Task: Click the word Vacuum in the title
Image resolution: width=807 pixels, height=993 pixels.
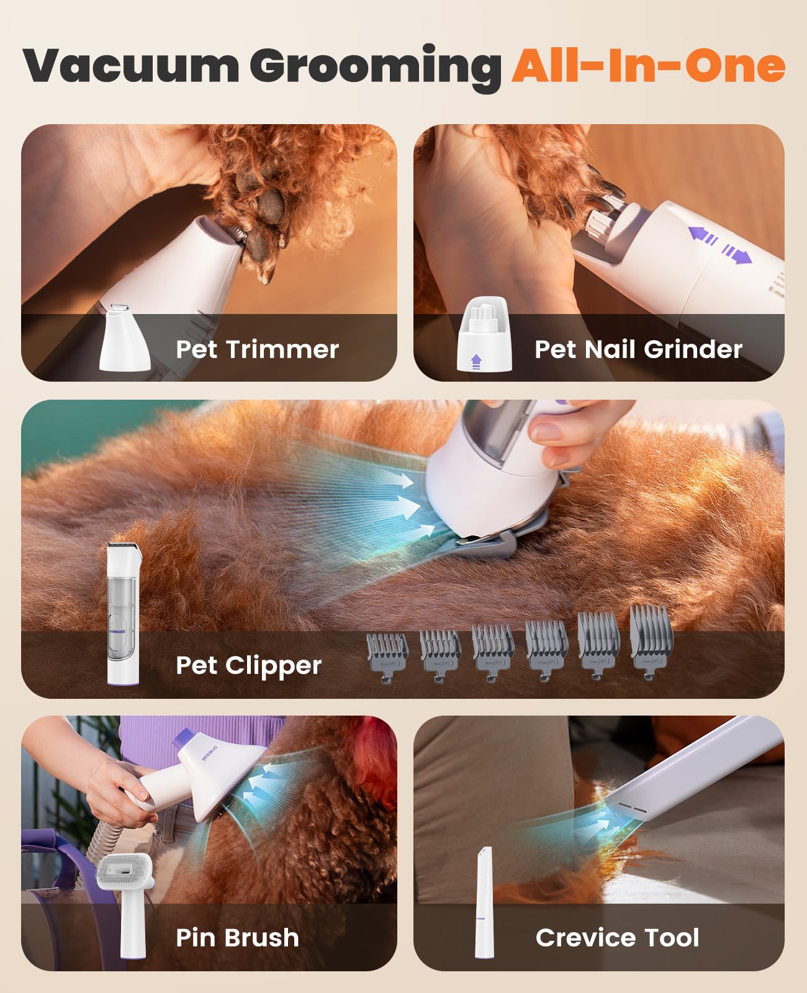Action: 131,65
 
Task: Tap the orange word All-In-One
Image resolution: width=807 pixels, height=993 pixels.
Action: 648,65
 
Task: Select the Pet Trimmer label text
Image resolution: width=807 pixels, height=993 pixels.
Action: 257,349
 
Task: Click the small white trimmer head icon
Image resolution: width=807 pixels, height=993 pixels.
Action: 125,338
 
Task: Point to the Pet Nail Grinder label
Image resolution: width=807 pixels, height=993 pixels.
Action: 638,349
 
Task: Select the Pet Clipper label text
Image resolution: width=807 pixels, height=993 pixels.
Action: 248,665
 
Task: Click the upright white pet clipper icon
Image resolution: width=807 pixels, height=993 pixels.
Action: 124,614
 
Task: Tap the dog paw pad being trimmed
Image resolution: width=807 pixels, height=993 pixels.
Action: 268,209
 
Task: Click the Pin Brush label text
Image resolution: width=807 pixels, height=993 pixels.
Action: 237,937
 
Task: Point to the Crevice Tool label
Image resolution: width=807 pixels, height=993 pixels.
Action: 617,937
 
